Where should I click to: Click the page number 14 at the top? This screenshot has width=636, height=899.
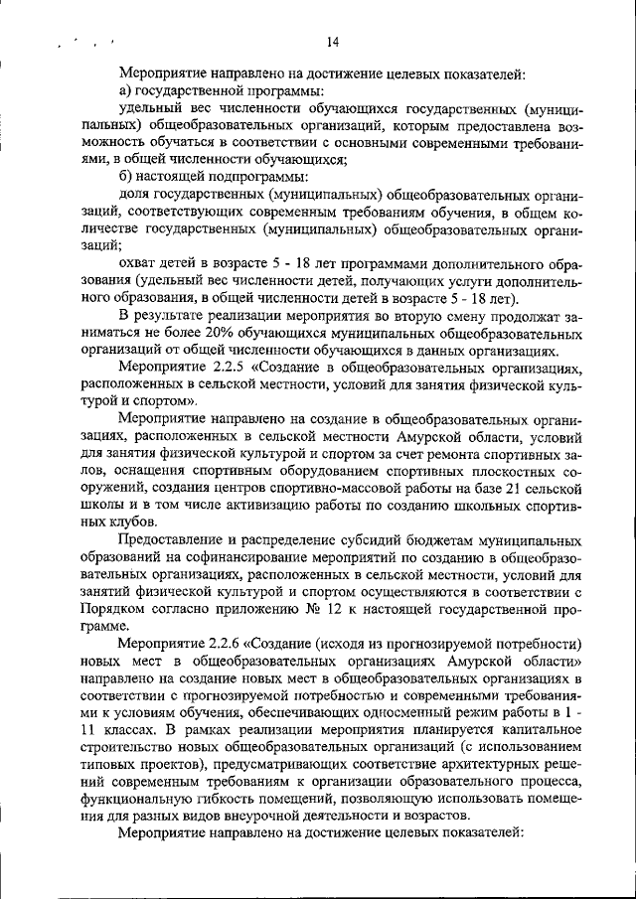point(332,41)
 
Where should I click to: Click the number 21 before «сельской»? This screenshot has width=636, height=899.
point(520,488)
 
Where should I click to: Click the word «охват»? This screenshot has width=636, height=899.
point(138,263)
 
